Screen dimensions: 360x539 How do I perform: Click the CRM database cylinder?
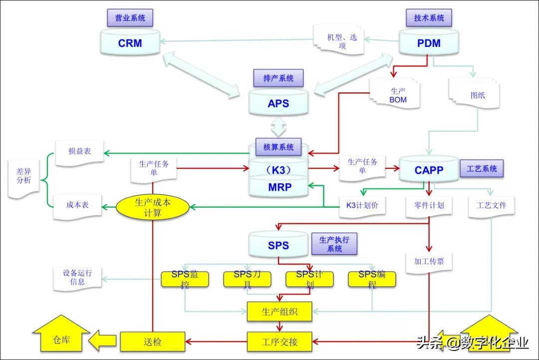point(130,43)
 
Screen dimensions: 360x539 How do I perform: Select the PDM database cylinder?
point(429,43)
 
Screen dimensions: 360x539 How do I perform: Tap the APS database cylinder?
point(278,103)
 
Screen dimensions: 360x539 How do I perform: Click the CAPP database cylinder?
point(429,170)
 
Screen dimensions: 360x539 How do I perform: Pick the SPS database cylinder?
point(278,245)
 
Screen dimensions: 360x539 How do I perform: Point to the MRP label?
point(278,187)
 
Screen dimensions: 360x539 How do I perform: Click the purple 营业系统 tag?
point(130,18)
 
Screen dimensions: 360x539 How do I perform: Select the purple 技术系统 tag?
point(429,18)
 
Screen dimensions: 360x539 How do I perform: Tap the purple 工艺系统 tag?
point(482,169)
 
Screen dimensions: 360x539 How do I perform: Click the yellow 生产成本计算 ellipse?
point(153,207)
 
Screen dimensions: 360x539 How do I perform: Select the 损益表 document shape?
point(80,151)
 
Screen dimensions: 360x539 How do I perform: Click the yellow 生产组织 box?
point(279,312)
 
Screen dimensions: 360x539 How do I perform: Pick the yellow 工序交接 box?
point(279,342)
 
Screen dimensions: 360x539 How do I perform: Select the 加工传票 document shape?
point(429,260)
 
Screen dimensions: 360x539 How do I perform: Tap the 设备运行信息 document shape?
point(77,278)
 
